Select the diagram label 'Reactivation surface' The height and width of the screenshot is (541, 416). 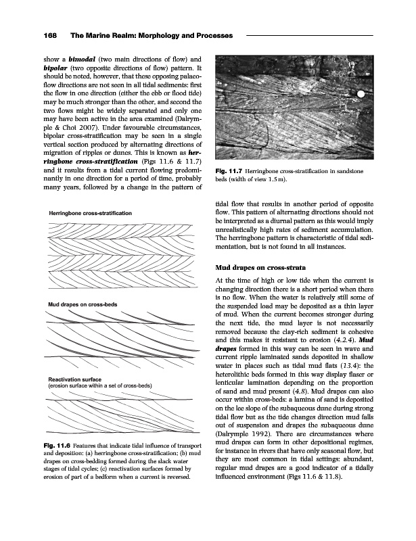[x=74, y=380]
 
